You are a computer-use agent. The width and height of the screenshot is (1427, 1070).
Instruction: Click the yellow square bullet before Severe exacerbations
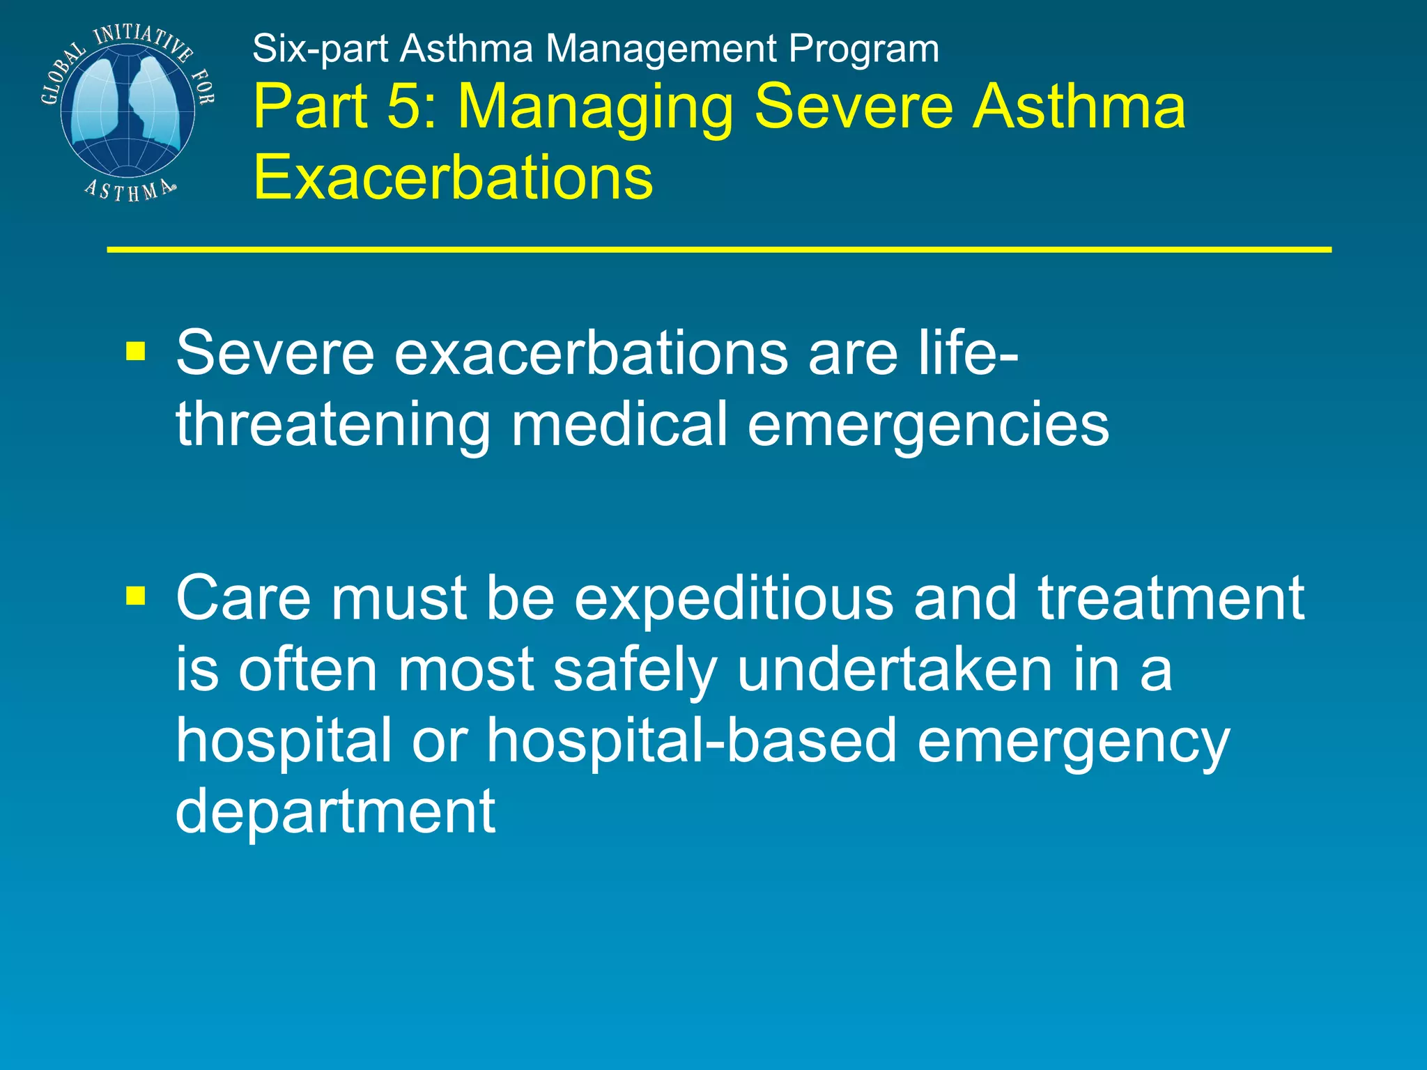point(135,352)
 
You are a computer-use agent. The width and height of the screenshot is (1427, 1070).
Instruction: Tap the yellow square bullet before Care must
point(135,596)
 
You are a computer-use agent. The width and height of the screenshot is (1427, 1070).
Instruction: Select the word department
point(335,812)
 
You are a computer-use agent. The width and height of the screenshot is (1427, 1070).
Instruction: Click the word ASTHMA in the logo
point(129,190)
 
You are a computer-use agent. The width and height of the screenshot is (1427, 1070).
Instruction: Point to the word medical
point(619,424)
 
